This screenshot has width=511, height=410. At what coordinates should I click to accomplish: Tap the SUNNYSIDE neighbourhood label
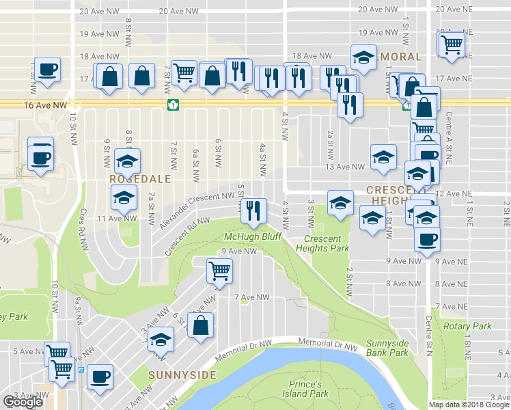pyautogui.click(x=182, y=375)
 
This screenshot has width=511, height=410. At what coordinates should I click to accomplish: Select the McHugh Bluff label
pyautogui.click(x=253, y=237)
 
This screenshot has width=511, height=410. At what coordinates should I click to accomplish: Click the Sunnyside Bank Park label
pyautogui.click(x=387, y=348)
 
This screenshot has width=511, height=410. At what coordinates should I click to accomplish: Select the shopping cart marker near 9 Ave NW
pyautogui.click(x=220, y=271)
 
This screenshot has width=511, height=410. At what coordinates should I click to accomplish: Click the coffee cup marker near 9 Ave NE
pyautogui.click(x=428, y=239)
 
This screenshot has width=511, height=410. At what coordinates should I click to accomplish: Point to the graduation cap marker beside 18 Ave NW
pyautogui.click(x=363, y=58)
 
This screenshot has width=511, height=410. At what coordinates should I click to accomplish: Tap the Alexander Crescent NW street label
pyautogui.click(x=197, y=210)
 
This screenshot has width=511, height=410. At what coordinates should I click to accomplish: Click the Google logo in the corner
pyautogui.click(x=23, y=402)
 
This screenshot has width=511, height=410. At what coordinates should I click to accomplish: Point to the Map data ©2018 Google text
pyautogui.click(x=469, y=405)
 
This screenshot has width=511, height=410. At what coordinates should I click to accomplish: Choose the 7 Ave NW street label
pyautogui.click(x=252, y=297)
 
